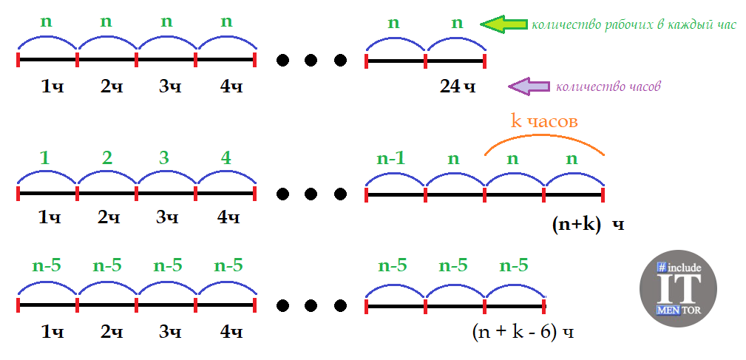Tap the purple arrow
(529, 86)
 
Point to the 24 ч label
(458, 86)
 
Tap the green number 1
(47, 158)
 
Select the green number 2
(107, 158)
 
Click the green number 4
(226, 158)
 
